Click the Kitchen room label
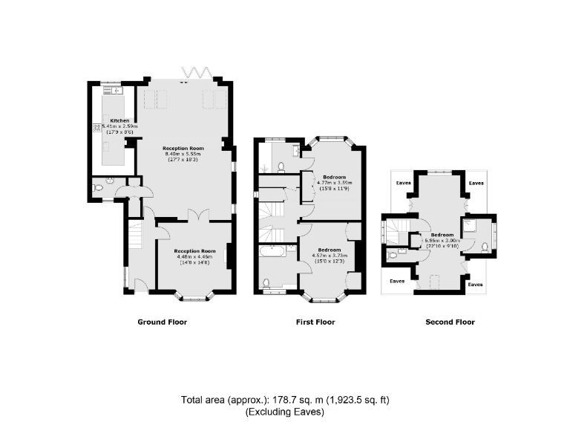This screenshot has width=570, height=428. (x=119, y=120)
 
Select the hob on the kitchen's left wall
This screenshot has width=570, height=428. (x=96, y=128)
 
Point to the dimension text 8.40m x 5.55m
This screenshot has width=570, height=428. (x=184, y=154)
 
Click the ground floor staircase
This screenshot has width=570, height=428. (x=135, y=239)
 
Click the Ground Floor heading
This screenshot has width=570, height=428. (x=162, y=322)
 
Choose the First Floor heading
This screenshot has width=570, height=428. (x=315, y=322)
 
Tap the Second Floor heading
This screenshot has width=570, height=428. (x=450, y=322)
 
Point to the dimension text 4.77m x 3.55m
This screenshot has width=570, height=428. (x=334, y=183)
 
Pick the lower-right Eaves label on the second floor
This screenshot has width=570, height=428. (x=476, y=284)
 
